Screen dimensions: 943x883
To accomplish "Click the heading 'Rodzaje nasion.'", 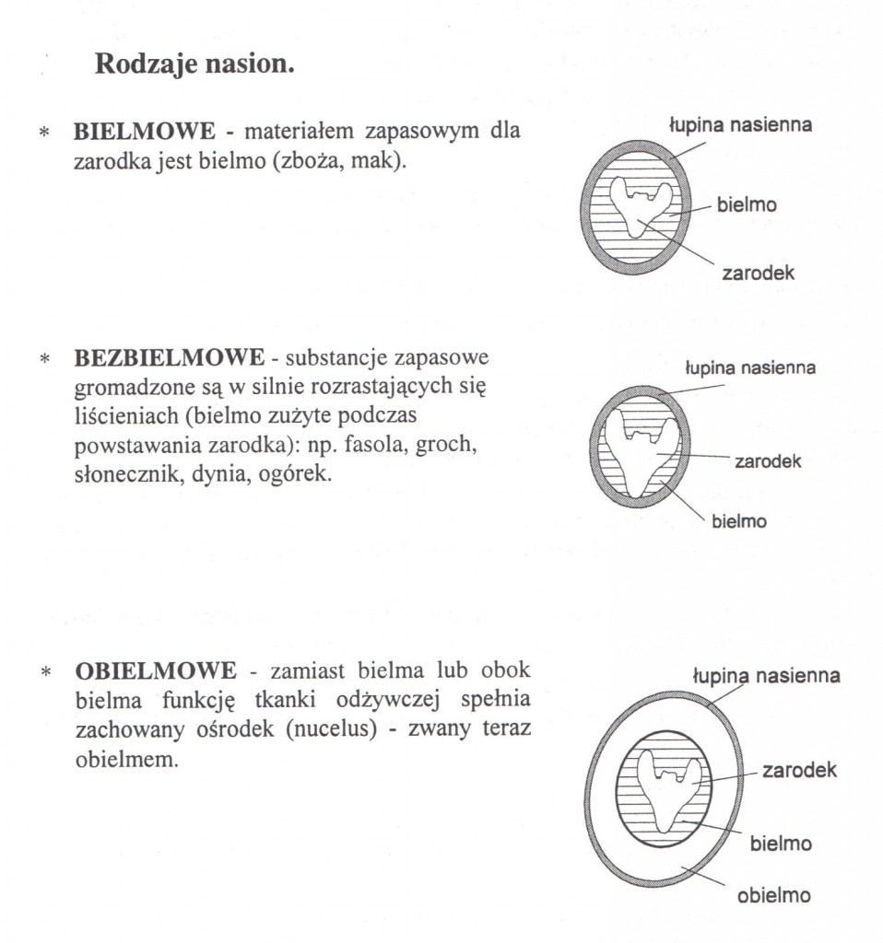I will point(194,66).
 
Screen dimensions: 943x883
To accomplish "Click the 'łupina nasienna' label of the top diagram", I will point(740,125).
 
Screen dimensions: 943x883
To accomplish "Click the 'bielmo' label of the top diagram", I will point(747,204).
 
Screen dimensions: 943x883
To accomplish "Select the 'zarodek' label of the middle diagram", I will point(768,460).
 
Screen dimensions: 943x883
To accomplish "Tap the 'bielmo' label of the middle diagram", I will point(738,521).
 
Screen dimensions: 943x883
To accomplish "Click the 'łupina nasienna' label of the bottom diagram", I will point(766,676).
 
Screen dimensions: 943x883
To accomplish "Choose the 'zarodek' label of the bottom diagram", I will point(799,770).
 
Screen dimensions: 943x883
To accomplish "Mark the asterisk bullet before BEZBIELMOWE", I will point(44,358).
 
